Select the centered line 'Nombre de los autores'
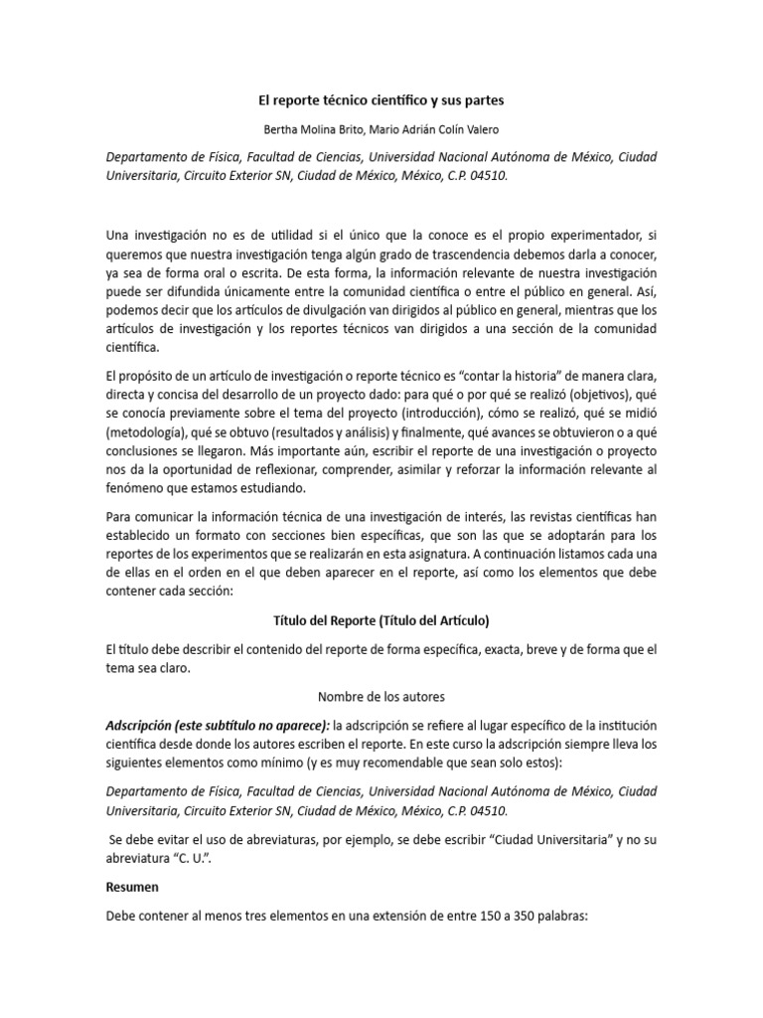coord(381,697)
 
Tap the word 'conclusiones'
coord(147,452)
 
